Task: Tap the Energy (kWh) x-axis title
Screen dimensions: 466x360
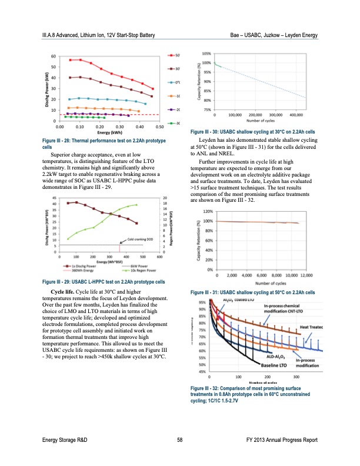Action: pyautogui.click(x=109, y=132)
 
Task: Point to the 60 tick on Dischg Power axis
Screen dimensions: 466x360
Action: pyautogui.click(x=54, y=56)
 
